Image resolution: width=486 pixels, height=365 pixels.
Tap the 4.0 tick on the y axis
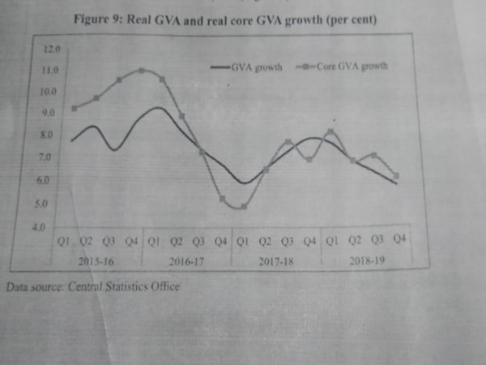point(38,228)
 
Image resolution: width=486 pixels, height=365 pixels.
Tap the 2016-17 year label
point(186,261)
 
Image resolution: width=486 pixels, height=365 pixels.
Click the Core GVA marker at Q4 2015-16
point(142,71)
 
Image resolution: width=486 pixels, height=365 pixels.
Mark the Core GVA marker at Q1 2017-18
point(242,207)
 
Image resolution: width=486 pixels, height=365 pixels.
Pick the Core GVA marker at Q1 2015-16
point(75,108)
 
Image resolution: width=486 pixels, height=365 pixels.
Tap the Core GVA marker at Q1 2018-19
point(330,131)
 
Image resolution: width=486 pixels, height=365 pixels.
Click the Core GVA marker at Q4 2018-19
point(397,175)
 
